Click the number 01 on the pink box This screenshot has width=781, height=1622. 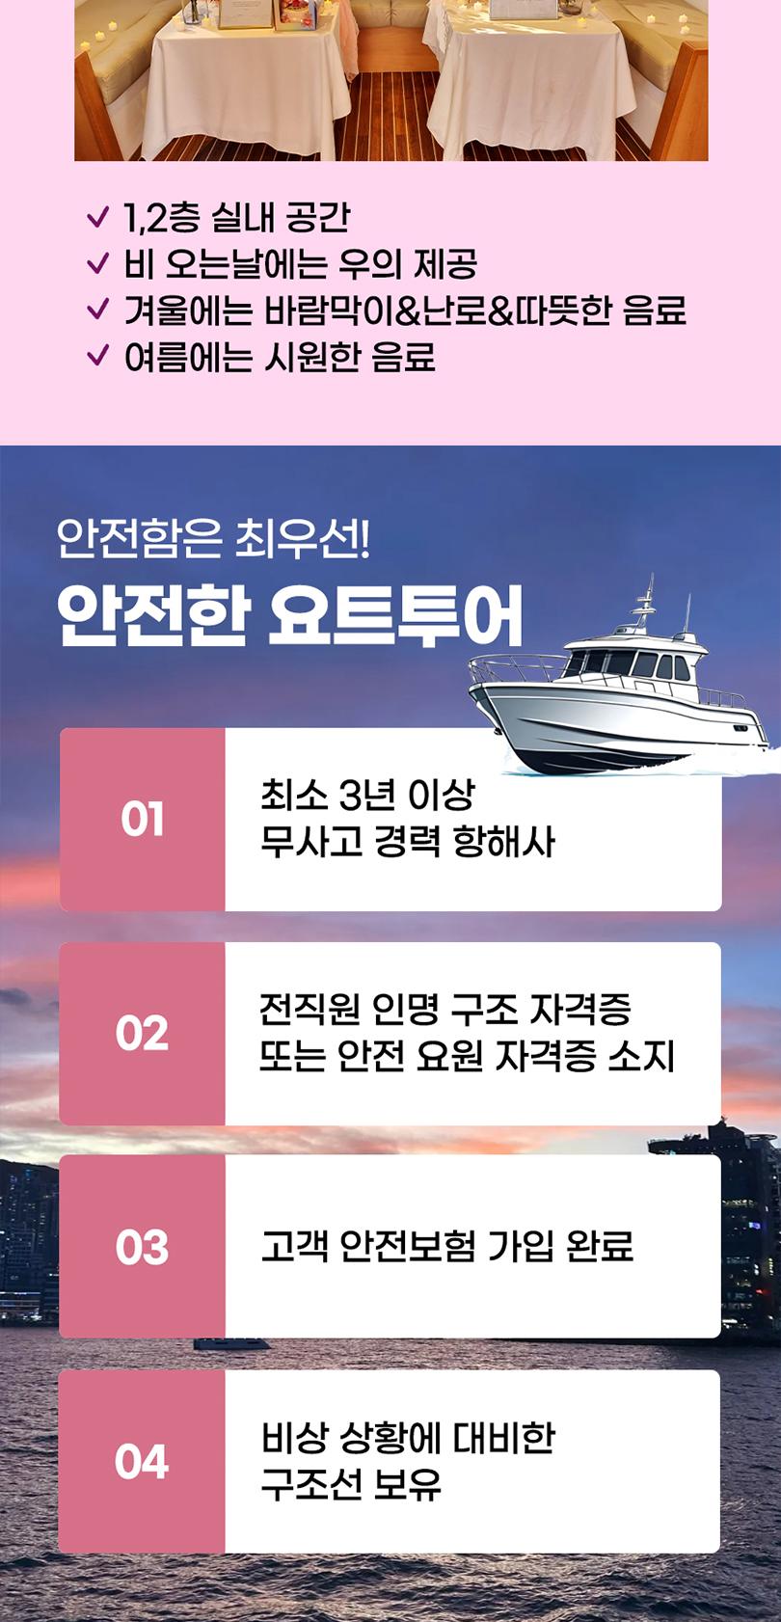point(143,819)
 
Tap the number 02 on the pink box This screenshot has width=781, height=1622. point(142,1034)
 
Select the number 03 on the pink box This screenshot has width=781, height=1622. point(142,1248)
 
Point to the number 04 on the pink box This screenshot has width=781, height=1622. point(142,1461)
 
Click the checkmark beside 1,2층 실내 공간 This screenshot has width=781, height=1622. point(97,217)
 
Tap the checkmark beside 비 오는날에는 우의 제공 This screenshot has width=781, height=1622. point(97,263)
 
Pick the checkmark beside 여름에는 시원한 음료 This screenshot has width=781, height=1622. point(97,356)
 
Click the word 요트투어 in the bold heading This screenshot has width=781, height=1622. point(394,616)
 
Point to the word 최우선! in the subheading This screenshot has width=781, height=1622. point(303,539)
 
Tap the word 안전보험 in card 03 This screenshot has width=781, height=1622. point(408,1246)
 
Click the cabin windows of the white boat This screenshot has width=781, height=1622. point(629,663)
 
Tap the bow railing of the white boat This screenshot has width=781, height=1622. point(515,668)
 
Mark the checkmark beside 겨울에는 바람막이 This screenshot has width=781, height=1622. point(97,310)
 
